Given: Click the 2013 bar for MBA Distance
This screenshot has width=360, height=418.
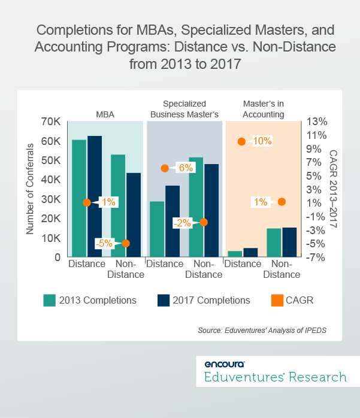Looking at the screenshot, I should [79, 198].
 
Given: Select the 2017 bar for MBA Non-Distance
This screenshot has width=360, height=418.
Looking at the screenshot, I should [133, 215].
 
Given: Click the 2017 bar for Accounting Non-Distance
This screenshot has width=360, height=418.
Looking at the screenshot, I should [289, 242].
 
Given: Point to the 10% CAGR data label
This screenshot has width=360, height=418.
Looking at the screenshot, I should [262, 141].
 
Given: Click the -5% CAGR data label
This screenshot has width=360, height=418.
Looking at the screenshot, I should [105, 243].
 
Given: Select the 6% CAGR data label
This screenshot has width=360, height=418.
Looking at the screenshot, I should [185, 168].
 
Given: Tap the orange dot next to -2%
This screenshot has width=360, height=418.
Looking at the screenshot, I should [204, 222].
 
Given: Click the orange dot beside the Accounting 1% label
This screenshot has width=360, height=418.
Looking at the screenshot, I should [282, 202].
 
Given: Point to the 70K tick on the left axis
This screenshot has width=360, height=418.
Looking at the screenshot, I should [50, 122].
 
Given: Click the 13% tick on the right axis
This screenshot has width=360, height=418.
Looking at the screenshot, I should [316, 122].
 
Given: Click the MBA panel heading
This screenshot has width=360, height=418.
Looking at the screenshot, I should [105, 114].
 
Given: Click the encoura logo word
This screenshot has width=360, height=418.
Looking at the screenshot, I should [224, 364].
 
